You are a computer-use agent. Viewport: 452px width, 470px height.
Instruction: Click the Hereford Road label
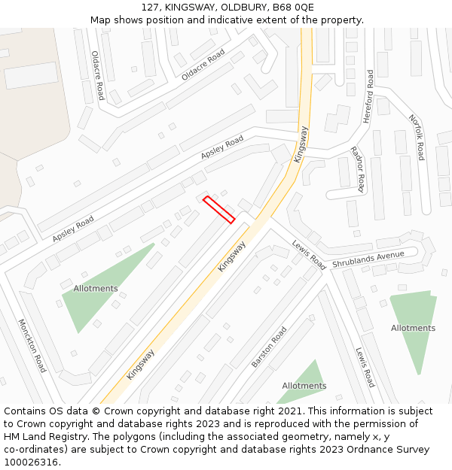[x=368, y=96]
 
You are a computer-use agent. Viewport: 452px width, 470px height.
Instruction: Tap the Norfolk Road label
[x=417, y=137]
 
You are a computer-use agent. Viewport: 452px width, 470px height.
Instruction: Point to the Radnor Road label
[x=358, y=169]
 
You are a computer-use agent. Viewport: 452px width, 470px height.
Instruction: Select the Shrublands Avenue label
[x=374, y=259]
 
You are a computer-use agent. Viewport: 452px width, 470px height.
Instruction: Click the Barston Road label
[x=269, y=347]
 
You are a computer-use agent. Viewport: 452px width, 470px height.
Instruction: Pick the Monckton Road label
[x=32, y=345]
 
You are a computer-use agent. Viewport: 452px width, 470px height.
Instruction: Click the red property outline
[x=218, y=210]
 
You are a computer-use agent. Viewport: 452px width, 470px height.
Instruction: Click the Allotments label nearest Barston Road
[x=304, y=386]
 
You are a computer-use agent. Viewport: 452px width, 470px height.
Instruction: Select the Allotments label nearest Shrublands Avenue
[x=413, y=328]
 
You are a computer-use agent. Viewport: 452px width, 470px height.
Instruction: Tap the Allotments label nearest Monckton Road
[x=96, y=289]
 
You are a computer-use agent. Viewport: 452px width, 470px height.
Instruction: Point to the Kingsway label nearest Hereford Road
[x=301, y=144]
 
